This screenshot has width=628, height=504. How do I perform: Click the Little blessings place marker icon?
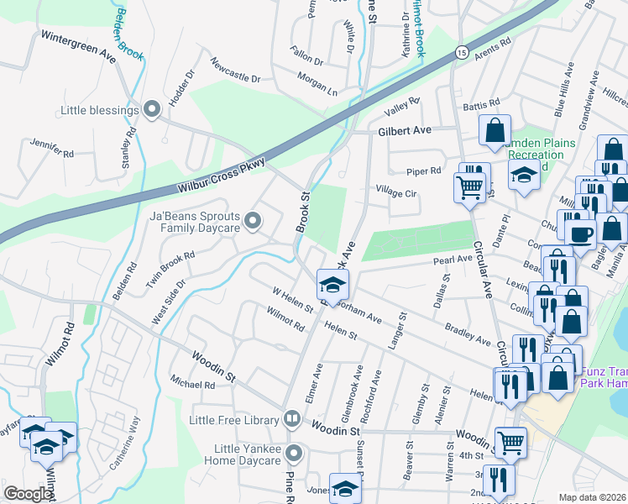point(152,109)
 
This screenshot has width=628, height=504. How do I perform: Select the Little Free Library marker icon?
point(291,417)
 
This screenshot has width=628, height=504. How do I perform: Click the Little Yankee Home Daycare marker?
point(293,454)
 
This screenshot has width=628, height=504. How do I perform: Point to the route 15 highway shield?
point(462,52)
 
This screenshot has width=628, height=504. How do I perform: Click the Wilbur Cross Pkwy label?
point(222,174)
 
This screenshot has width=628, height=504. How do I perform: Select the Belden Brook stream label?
point(130,34)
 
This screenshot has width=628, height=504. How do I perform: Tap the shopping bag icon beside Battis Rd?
point(495,130)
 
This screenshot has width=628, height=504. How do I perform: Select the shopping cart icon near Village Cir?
point(470,186)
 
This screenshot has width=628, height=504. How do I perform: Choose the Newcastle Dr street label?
point(235,70)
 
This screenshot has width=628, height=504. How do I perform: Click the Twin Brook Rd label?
point(170,267)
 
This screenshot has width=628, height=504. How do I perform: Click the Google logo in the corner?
point(29,494)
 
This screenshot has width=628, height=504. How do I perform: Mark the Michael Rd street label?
point(192,383)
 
